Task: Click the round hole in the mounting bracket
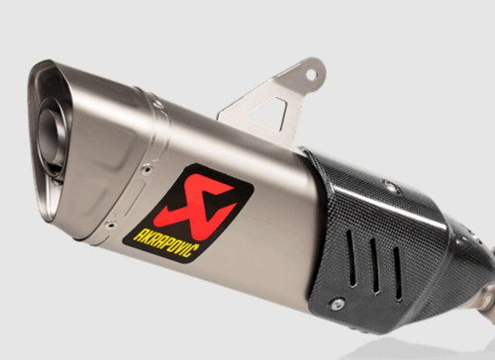pos(310,74)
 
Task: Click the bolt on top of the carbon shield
pos(389,183)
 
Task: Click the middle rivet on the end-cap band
pos(145,169)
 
